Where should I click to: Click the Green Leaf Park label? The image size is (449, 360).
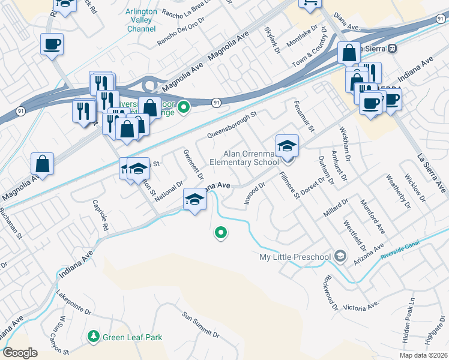tap(132, 337)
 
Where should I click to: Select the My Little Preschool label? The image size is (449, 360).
tap(295, 257)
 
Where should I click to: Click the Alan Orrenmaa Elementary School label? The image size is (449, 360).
tap(244, 157)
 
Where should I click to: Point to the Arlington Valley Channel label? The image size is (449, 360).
tap(141, 20)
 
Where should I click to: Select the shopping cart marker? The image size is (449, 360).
tap(310, 4)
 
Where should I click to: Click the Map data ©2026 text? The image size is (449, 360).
tap(424, 355)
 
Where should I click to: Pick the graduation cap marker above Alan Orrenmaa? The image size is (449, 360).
tap(287, 146)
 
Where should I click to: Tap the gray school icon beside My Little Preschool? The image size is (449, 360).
tap(340, 257)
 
